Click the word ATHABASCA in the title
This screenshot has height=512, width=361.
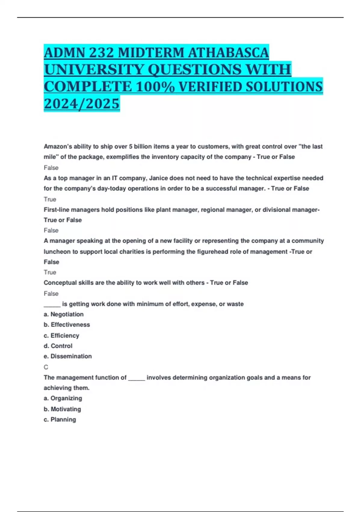(228, 53)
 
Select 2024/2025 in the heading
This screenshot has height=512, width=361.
(82, 104)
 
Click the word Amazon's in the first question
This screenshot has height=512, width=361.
(57, 147)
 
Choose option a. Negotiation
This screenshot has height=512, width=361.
(64, 314)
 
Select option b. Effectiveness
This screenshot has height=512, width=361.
(67, 325)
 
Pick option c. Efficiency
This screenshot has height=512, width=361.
(61, 336)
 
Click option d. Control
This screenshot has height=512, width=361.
(58, 346)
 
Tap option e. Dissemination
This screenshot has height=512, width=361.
(68, 356)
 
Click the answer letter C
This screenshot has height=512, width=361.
(46, 367)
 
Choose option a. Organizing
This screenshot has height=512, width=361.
(63, 398)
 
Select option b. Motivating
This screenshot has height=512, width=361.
(62, 409)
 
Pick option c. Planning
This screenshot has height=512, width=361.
(60, 420)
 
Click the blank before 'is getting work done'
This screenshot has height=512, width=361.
(52, 304)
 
